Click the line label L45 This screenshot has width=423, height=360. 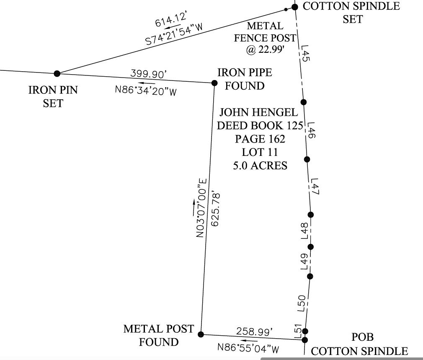[x=305, y=54]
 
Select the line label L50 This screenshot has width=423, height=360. [x=302, y=303]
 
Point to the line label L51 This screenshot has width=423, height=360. [x=298, y=331]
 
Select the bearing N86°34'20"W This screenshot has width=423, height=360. [x=146, y=90]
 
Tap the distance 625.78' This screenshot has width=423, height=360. [x=215, y=209]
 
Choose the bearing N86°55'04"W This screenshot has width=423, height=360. [x=248, y=347]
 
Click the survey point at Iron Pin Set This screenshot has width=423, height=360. [x=57, y=74]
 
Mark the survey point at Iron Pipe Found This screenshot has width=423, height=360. [x=214, y=83]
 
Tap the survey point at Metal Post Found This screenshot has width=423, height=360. [x=201, y=334]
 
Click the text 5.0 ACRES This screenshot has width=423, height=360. [x=260, y=166]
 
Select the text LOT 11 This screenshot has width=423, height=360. [x=260, y=152]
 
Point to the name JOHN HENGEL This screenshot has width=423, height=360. [x=259, y=112]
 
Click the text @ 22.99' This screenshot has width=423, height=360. [x=265, y=50]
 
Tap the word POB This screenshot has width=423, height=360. [x=362, y=337]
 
